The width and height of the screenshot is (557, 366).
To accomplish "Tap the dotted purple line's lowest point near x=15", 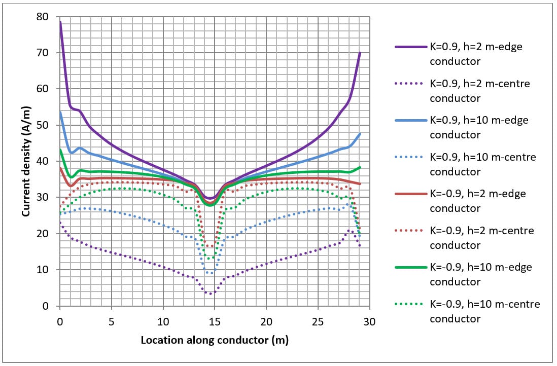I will (x=211, y=294).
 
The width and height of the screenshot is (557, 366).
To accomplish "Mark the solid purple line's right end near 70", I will (x=360, y=53).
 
